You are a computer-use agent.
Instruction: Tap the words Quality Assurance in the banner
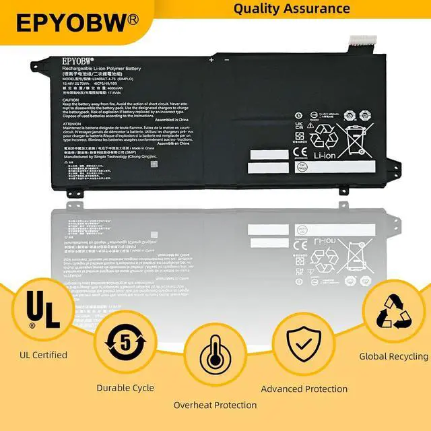tap(291, 9)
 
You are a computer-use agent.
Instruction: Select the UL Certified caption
tap(43, 355)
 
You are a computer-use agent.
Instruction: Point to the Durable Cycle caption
tap(125, 387)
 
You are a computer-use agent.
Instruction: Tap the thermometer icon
tap(215, 364)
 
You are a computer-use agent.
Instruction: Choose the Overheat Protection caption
tap(215, 405)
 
